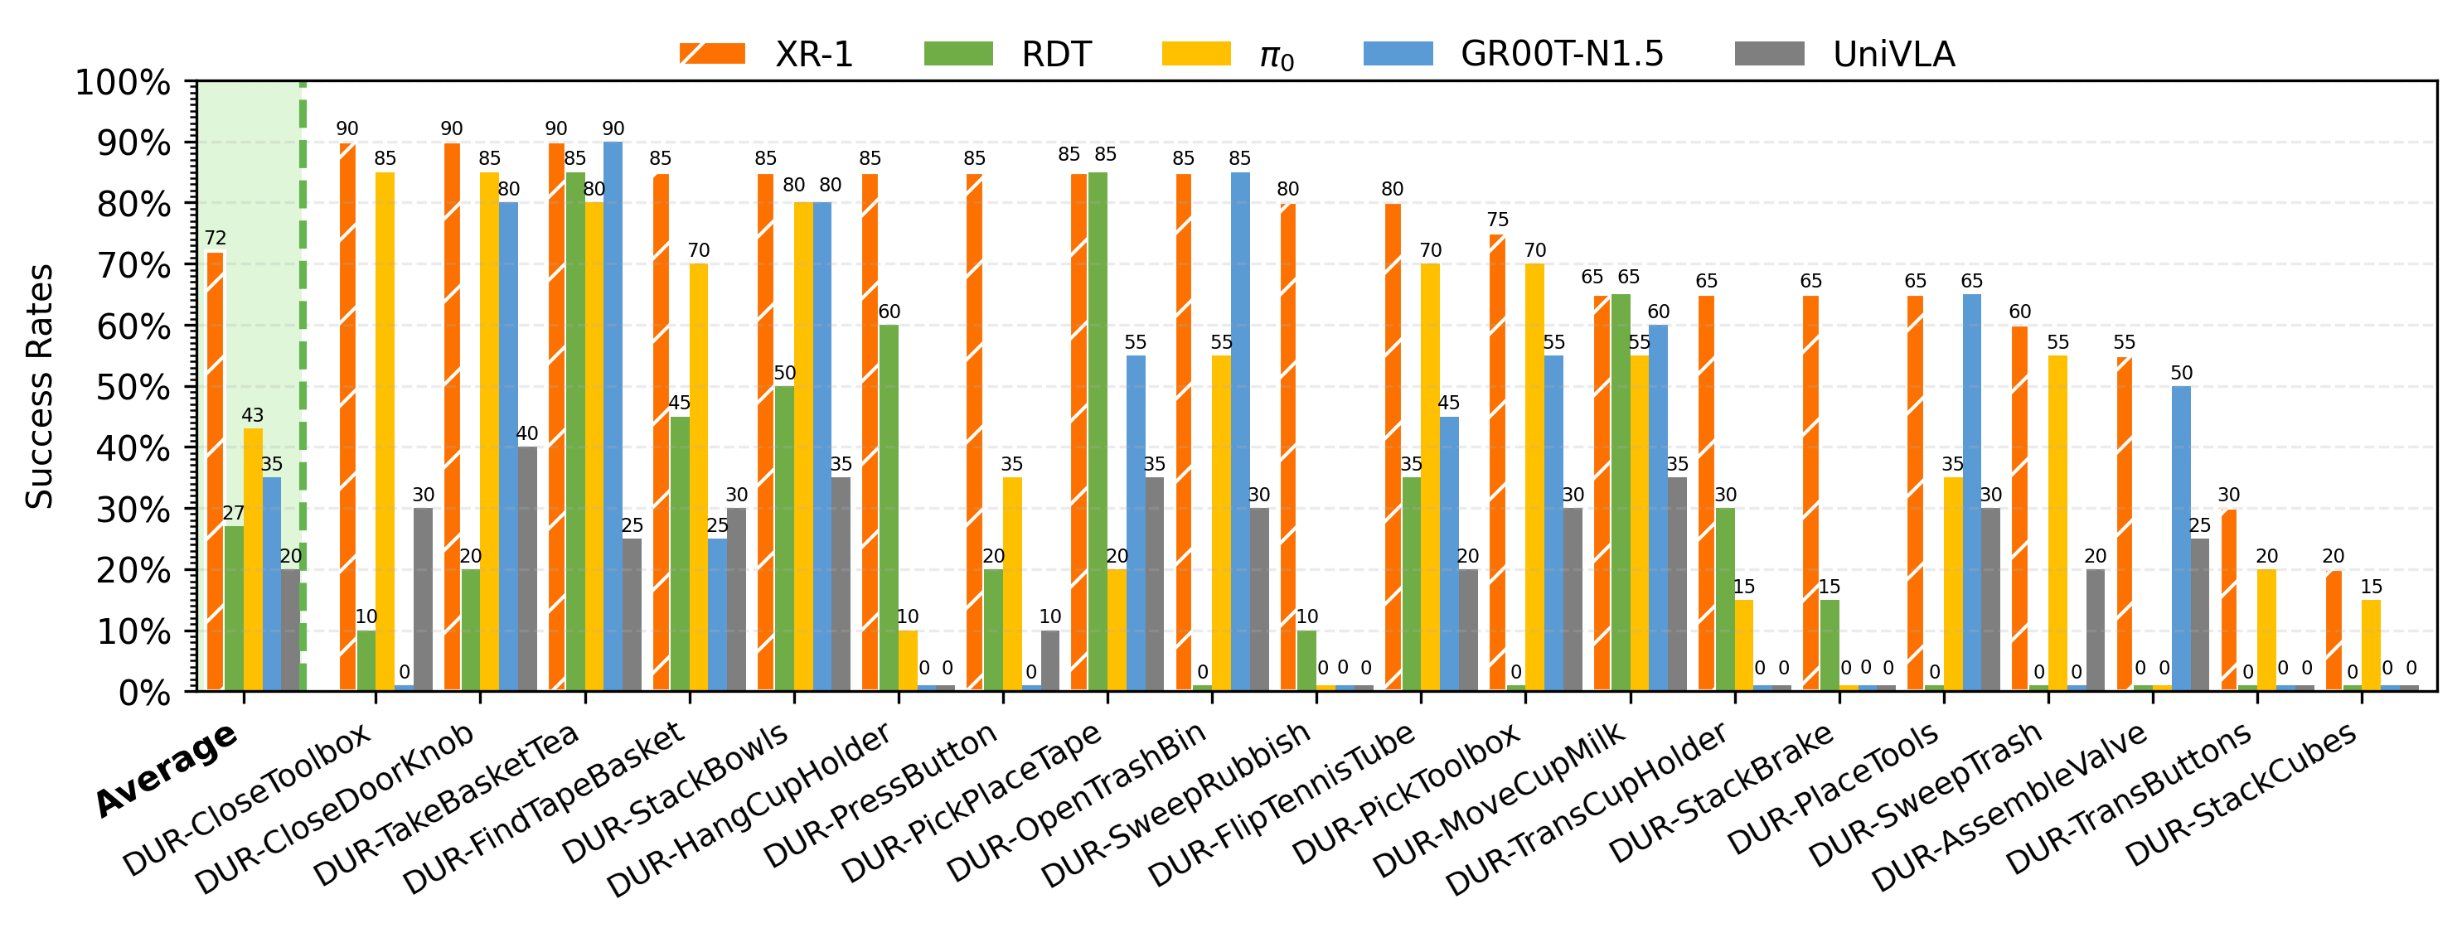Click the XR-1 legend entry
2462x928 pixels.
tap(764, 54)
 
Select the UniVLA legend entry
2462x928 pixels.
tap(1844, 54)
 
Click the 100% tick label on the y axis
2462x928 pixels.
tap(123, 82)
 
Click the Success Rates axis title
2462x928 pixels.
tap(39, 386)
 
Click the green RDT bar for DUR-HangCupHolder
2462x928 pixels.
tap(889, 507)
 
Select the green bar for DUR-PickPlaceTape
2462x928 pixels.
tap(1098, 431)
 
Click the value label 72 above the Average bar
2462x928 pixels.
tap(215, 238)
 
